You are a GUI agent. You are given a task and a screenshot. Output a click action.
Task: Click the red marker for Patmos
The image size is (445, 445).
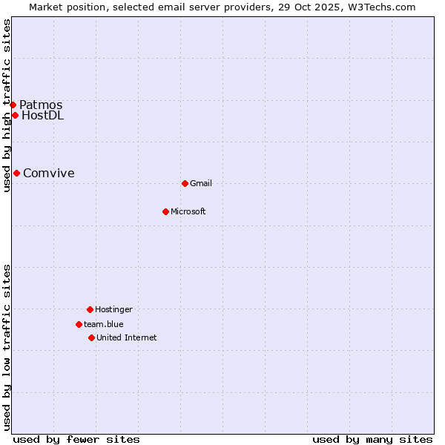pyautogui.click(x=13, y=105)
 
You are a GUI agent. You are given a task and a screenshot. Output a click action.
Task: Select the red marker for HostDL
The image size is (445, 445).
pyautogui.click(x=15, y=115)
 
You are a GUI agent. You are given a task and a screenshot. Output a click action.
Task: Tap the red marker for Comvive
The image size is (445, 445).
pyautogui.click(x=16, y=173)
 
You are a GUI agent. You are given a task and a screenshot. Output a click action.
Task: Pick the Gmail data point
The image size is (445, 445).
pyautogui.click(x=185, y=183)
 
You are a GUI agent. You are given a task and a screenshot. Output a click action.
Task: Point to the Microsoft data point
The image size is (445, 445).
pyautogui.click(x=165, y=211)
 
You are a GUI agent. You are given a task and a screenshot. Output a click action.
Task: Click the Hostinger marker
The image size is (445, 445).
pyautogui.click(x=90, y=309)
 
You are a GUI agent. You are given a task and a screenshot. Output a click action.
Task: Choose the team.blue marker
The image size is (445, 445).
pyautogui.click(x=79, y=324)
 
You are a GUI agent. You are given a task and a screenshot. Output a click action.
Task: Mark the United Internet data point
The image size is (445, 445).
pyautogui.click(x=91, y=337)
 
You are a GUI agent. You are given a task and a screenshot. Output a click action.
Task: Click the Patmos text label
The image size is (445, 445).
pyautogui.click(x=41, y=105)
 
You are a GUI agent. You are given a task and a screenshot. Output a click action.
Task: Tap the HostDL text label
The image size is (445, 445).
pyautogui.click(x=43, y=115)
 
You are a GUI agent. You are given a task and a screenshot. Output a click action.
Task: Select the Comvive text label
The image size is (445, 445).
pyautogui.click(x=49, y=173)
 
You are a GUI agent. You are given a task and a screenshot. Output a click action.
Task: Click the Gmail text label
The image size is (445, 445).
pyautogui.click(x=201, y=183)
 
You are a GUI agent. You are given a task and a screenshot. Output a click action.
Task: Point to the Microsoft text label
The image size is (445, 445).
pyautogui.click(x=188, y=211)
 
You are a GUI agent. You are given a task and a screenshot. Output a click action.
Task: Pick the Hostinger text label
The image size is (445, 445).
pyautogui.click(x=113, y=309)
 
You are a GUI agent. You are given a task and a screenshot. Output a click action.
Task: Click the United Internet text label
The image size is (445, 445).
pyautogui.click(x=127, y=337)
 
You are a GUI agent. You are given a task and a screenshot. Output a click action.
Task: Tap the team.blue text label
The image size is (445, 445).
pyautogui.click(x=104, y=324)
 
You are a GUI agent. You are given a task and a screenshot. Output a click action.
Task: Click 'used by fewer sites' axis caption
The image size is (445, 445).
pyautogui.click(x=76, y=439)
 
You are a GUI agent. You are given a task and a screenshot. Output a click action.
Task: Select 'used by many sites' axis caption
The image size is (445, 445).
pyautogui.click(x=372, y=439)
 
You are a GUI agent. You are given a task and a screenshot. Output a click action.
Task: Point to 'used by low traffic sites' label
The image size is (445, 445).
pyautogui.click(x=7, y=346)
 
